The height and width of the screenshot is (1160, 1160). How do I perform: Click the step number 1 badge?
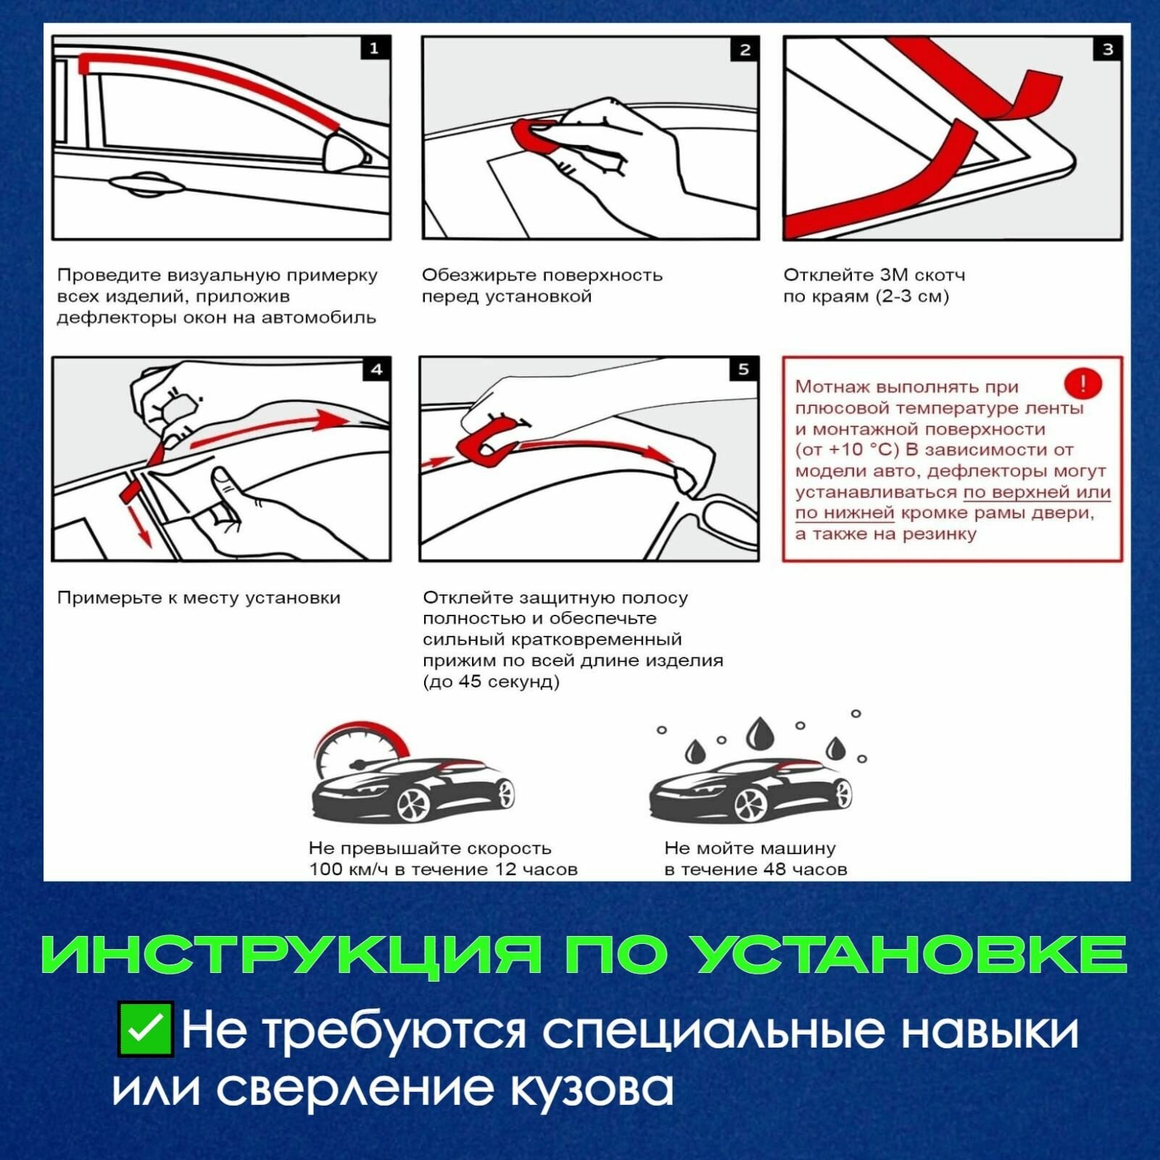click(375, 49)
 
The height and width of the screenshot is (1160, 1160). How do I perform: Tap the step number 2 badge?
click(745, 49)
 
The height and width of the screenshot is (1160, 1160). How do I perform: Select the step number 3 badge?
click(1108, 49)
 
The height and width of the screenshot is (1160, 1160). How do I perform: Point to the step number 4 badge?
click(376, 370)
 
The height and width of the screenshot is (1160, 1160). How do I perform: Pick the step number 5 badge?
click(744, 370)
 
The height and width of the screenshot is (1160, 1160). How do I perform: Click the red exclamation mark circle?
click(1083, 384)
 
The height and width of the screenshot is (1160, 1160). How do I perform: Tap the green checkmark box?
click(145, 1028)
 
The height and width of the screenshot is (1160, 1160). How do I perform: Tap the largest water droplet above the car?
click(760, 733)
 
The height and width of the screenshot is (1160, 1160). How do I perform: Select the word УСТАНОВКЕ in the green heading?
click(910, 954)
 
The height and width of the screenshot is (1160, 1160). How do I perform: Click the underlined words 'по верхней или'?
click(1037, 492)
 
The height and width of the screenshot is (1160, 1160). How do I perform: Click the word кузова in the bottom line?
click(592, 1088)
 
